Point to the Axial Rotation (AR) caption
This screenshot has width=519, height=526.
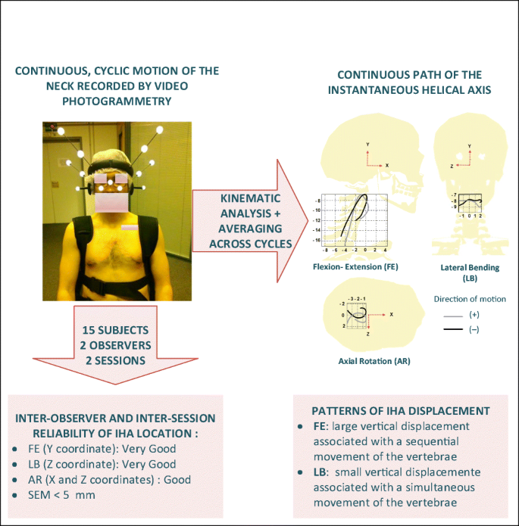pos(374,361)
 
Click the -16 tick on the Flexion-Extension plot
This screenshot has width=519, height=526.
pos(318,240)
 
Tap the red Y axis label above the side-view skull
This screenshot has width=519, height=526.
pos(367,144)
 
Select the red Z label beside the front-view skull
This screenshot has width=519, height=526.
pos(452,164)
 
